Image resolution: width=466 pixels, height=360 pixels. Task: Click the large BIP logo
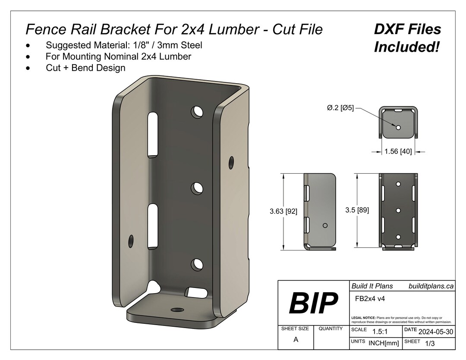coord(313,303)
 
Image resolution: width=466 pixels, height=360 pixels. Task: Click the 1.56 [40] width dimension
coord(398,152)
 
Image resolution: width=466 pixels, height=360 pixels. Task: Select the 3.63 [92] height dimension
coord(283,211)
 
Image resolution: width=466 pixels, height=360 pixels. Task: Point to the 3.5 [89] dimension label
coord(357,210)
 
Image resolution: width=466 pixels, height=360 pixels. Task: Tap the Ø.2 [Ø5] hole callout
coord(340,108)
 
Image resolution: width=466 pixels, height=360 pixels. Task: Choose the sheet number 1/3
coord(430,344)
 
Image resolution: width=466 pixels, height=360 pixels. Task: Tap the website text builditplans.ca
coord(431,286)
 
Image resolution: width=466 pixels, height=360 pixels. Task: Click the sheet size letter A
coord(296,339)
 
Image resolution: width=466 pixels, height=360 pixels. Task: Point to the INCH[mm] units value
coord(384,343)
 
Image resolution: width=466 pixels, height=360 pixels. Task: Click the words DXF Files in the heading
coord(407,29)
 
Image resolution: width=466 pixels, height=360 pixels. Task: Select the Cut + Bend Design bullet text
coord(85,68)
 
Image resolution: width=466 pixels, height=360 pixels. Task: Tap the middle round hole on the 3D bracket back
coord(197,188)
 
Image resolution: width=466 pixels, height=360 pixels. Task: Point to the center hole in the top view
coord(398,127)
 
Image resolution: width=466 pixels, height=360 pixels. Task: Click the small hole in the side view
coord(325,225)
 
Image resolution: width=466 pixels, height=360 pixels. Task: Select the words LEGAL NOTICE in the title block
coord(363,317)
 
